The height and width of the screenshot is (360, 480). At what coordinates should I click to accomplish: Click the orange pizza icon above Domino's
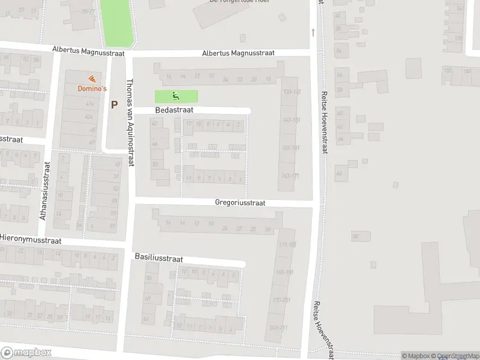coord(91,79)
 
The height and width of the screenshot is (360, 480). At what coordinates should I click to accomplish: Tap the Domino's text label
coord(92,89)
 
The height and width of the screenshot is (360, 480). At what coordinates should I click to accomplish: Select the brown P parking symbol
coord(114,104)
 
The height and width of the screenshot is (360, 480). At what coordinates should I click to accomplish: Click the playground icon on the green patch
coord(176,95)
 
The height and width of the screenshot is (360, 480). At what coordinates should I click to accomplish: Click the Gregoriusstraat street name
coord(240,203)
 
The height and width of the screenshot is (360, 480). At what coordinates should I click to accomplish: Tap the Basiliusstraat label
coord(158,257)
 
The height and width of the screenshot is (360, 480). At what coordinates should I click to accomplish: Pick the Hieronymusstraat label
coord(30,238)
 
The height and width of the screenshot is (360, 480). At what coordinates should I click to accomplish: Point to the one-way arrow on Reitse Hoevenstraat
coord(313,31)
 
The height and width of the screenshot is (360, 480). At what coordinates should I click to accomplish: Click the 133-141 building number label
coord(290,92)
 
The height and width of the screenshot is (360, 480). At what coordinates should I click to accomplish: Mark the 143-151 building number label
coord(290,120)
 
